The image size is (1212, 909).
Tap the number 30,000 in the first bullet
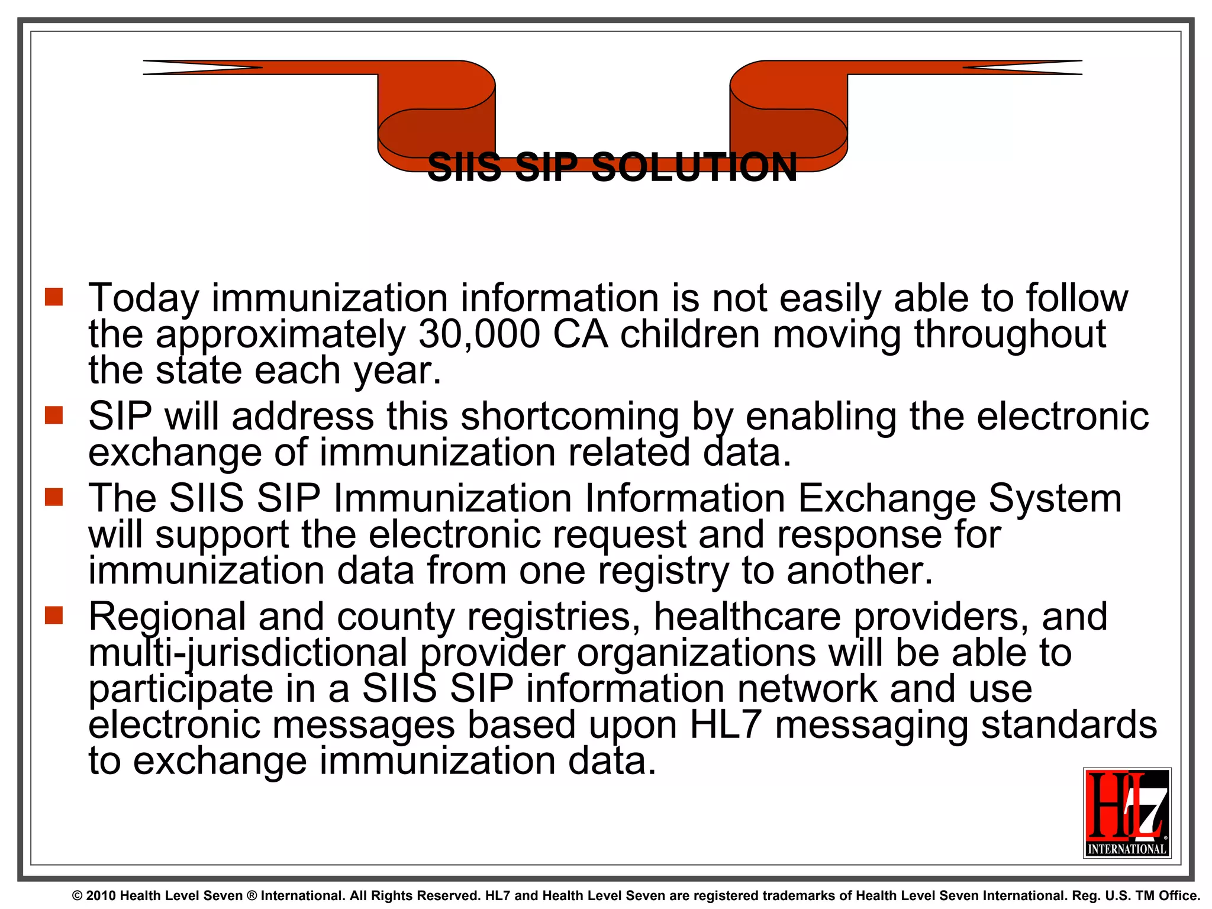point(479,334)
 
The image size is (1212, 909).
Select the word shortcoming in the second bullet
point(570,417)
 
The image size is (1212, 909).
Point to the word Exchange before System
point(887,498)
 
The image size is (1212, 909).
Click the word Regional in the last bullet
point(167,617)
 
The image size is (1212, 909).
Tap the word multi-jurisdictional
point(248,653)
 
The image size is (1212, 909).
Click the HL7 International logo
point(1127,813)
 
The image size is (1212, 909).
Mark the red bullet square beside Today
point(54,297)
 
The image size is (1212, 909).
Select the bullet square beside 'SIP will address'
point(54,415)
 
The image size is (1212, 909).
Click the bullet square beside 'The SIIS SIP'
point(54,497)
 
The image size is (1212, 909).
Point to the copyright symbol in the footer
point(77,896)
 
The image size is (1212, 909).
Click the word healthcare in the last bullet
point(747,617)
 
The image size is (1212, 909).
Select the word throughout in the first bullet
point(1010,334)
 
